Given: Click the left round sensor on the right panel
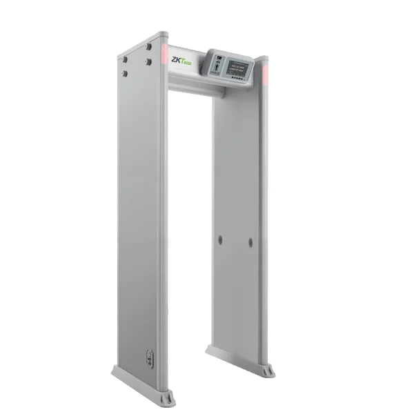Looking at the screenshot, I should click(221, 239).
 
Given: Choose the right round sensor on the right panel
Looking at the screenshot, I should click(245, 242).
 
